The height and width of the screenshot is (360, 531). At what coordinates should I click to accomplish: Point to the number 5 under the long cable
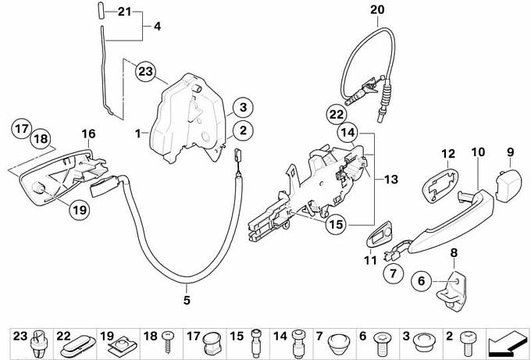tap(187, 298)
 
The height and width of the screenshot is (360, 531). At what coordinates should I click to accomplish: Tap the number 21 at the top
tap(126, 11)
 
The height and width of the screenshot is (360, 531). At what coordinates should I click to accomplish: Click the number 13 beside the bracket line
tap(391, 180)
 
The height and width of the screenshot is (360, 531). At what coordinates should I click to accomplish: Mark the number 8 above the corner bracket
tap(454, 251)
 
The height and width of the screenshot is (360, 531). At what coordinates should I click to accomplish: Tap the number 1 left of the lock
tap(137, 134)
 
